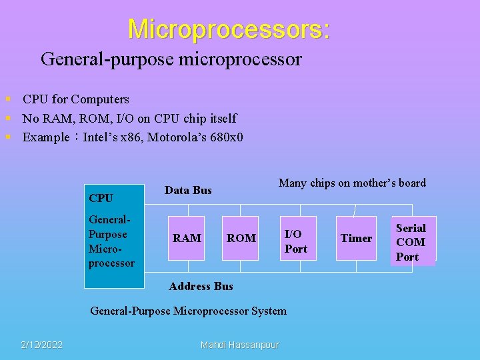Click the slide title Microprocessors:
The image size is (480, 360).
(x=229, y=29)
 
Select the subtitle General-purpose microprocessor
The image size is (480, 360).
(x=171, y=59)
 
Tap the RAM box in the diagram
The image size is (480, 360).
(x=187, y=238)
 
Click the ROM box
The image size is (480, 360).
(x=241, y=238)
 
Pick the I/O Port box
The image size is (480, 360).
(x=296, y=241)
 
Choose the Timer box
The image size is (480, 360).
(x=356, y=238)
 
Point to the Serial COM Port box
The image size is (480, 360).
(x=411, y=242)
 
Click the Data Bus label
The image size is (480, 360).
(x=188, y=190)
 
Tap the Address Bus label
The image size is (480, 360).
(x=201, y=286)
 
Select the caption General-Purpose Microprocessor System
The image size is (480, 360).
(x=188, y=311)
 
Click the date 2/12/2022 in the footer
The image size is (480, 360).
(x=41, y=345)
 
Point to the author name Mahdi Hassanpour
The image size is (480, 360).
(x=240, y=345)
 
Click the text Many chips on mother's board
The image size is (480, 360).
(x=352, y=183)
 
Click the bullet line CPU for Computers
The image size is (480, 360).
(x=75, y=99)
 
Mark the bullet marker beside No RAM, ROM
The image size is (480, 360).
(x=8, y=119)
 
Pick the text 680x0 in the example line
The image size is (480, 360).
(x=227, y=138)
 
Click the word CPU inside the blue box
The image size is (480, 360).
(x=101, y=198)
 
